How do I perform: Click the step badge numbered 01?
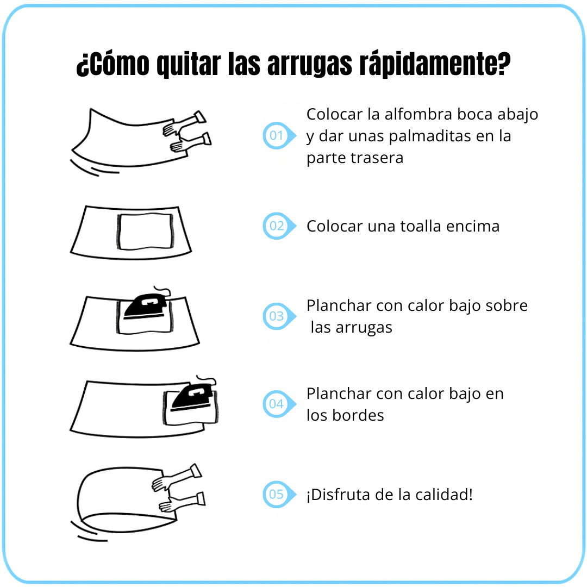click(279, 135)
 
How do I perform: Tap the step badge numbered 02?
click(279, 226)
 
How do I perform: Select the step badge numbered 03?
click(279, 316)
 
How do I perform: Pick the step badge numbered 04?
click(279, 404)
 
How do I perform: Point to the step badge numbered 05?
click(279, 494)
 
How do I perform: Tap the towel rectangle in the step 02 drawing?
click(145, 232)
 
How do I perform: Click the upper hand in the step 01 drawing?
click(184, 123)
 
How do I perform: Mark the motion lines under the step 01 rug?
click(95, 168)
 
